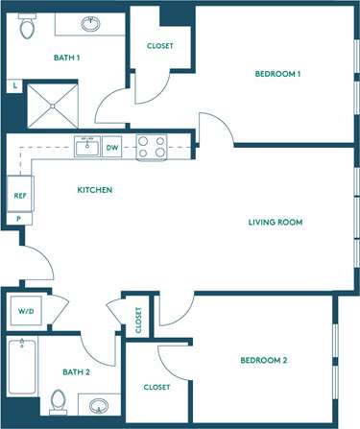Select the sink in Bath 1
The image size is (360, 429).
coord(94,24)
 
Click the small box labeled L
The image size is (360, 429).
coord(14,85)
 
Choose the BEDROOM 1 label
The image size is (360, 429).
coord(278,75)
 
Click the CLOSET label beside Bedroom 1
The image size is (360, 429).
coord(160,47)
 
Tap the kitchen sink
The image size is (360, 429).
coord(87,147)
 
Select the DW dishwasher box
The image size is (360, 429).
coord(112,148)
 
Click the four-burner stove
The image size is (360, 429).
coord(152,148)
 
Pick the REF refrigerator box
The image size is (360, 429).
coord(19,195)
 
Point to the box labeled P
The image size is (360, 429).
coord(18,219)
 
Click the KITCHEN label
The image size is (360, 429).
coord(95,190)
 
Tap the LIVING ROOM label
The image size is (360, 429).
coord(276,223)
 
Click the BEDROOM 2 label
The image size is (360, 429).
coord(264,361)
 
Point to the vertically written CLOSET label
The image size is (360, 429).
coord(138,320)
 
